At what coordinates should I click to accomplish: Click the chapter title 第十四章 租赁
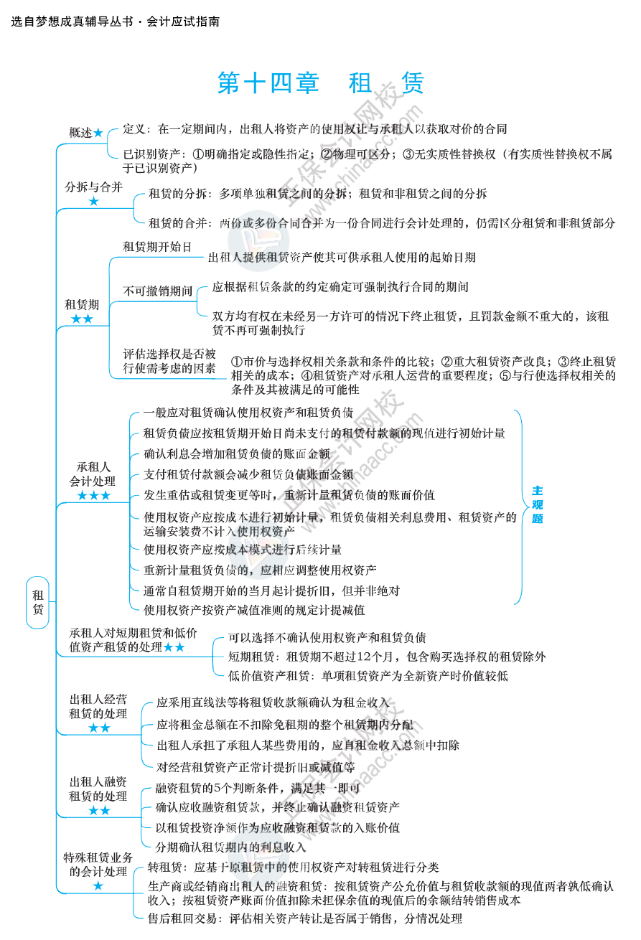point(320,84)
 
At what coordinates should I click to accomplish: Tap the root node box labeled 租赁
point(37,602)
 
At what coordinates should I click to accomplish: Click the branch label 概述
point(80,132)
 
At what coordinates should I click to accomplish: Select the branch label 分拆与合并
point(93,187)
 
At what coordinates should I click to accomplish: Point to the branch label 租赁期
point(82,304)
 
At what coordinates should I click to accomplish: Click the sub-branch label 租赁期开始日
point(157,246)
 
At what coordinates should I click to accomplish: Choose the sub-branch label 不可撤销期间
point(157,291)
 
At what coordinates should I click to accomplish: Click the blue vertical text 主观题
point(537,504)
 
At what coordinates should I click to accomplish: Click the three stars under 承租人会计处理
point(93,496)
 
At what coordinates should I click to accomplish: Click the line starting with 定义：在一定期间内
point(314,129)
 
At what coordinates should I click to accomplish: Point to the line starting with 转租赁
point(293,867)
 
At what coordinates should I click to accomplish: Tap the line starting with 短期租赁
point(386,656)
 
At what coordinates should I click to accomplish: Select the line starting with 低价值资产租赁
point(368,675)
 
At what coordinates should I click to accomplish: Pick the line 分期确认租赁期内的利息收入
point(230,847)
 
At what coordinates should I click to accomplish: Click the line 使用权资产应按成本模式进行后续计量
point(242,550)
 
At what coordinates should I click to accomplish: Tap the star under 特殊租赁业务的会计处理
point(98,887)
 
